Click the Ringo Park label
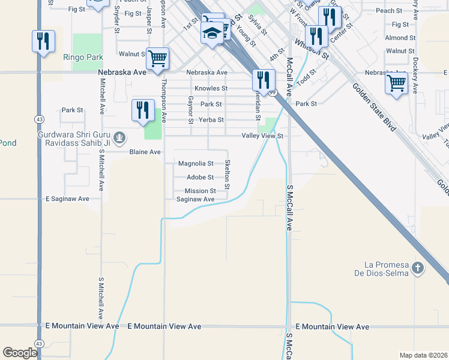pos(83,58)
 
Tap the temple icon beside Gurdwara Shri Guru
pos(119,139)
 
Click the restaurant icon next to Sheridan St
pos(264,79)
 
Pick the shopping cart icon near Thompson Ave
pos(157,59)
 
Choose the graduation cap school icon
pos(212,35)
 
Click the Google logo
pos(20,352)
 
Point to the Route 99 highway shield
pos(273,92)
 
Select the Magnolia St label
pos(196,163)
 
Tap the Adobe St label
pos(200,177)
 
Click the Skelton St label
pos(227,175)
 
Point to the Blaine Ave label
pos(145,152)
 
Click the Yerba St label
pos(212,120)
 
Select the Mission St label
pos(200,191)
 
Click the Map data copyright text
pos(423,355)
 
